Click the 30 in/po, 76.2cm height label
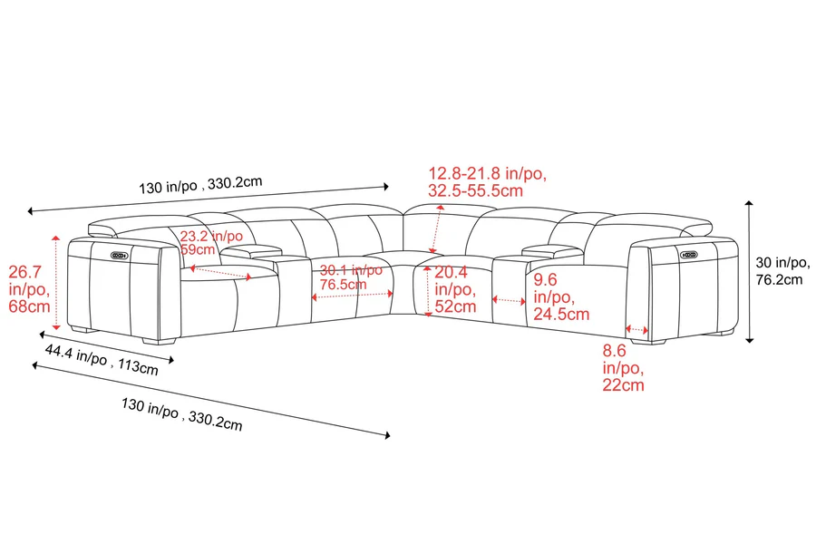(x=782, y=271)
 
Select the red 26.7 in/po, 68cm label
(x=29, y=288)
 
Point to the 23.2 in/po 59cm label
(x=211, y=243)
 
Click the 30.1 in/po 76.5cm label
(x=351, y=277)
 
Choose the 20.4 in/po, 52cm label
(x=455, y=289)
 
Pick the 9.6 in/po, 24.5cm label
(x=561, y=296)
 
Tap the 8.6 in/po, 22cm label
(x=624, y=368)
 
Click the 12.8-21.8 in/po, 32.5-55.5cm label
(x=487, y=181)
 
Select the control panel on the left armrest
(x=119, y=255)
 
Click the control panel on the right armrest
(x=689, y=255)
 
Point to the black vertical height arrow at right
(x=750, y=272)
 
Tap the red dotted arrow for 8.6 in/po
(x=637, y=329)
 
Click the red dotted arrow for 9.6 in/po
(x=509, y=300)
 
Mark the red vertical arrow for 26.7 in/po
(x=57, y=282)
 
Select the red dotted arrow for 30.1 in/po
(x=353, y=296)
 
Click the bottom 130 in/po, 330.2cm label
(x=182, y=414)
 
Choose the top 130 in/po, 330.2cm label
(x=200, y=184)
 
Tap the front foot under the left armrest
(x=160, y=342)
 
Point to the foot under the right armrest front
(x=648, y=342)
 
